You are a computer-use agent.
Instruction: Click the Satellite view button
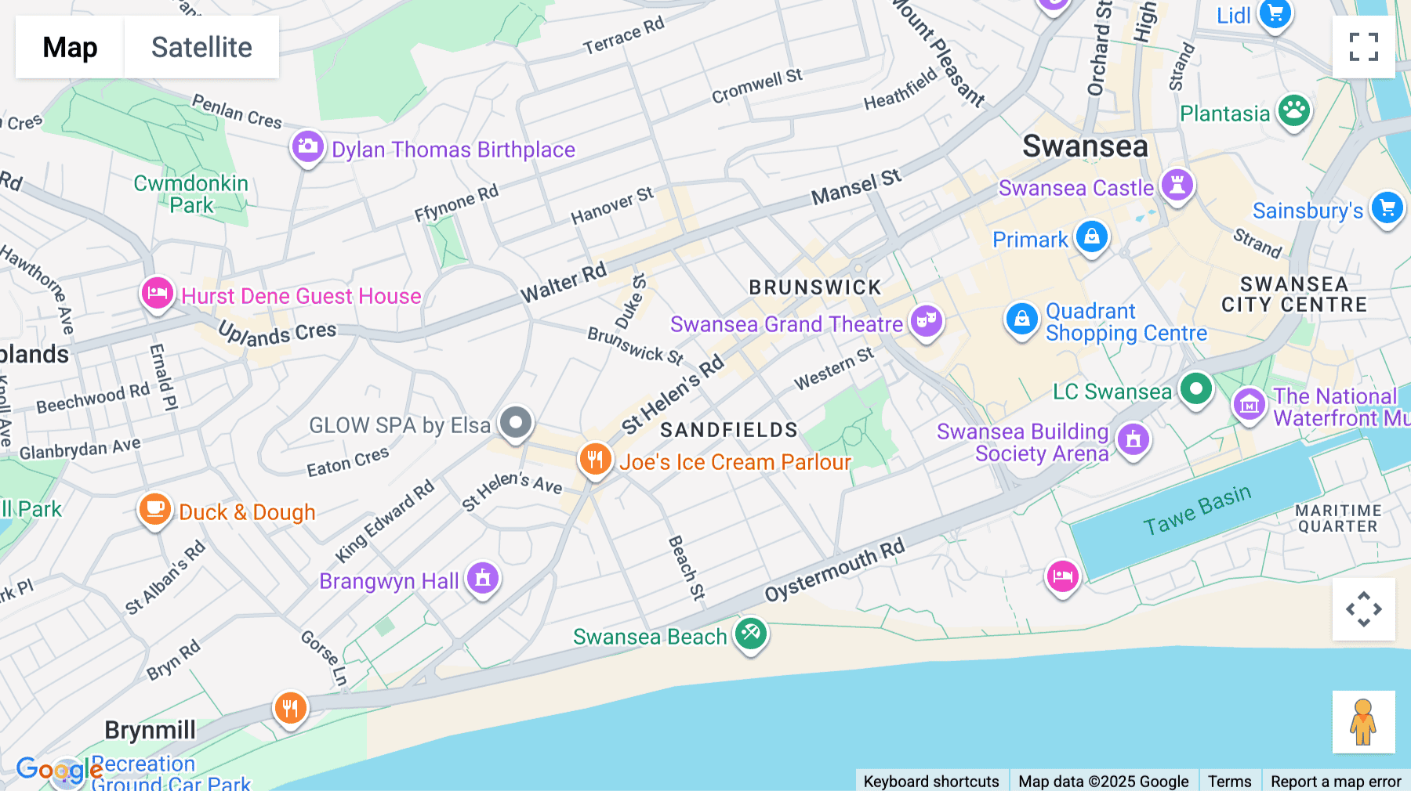click(201, 47)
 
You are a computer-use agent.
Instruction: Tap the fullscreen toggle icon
click(1363, 47)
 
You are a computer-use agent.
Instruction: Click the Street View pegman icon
click(1363, 721)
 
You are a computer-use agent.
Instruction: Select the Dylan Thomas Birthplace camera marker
click(307, 146)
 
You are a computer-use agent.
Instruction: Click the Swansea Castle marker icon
click(1177, 186)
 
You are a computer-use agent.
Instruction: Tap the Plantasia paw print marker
click(1293, 111)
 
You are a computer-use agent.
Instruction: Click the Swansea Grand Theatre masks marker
click(926, 321)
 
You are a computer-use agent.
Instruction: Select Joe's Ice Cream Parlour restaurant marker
click(595, 459)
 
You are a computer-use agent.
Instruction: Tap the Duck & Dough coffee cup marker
click(154, 509)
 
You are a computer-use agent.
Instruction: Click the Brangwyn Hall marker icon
click(482, 578)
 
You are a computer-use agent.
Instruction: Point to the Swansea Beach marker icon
click(750, 632)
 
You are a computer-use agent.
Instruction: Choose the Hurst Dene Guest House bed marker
click(157, 294)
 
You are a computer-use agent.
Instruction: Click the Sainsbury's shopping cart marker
click(1387, 208)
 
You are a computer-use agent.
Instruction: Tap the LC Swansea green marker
click(1195, 388)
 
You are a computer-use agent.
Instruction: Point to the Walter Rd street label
click(564, 282)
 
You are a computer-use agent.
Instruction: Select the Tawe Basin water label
click(1196, 510)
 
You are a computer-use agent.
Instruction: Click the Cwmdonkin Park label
click(190, 194)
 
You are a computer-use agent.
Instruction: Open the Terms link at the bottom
click(1229, 781)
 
